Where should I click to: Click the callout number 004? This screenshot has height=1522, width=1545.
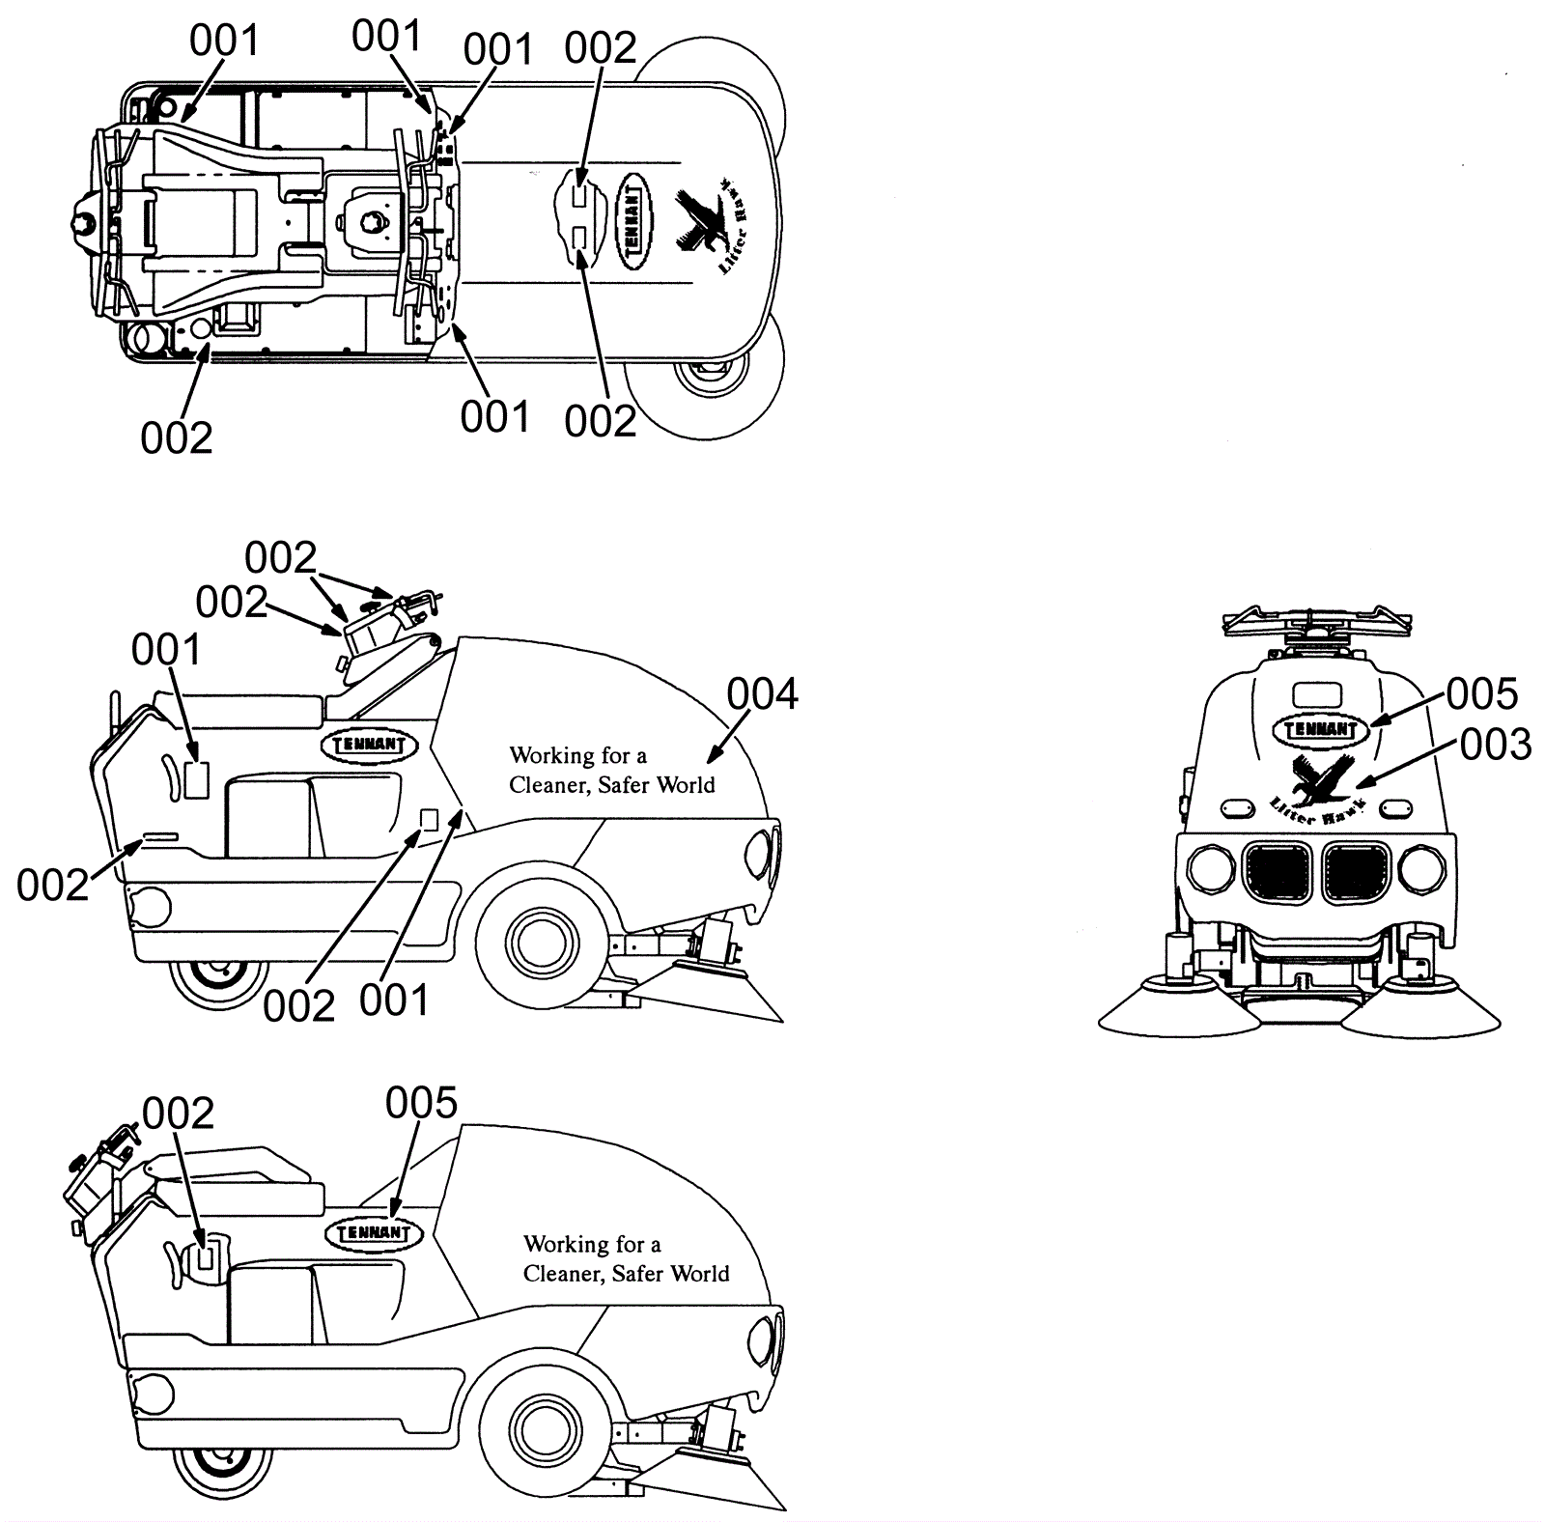coord(762,694)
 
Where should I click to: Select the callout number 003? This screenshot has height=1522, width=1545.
coord(1495,745)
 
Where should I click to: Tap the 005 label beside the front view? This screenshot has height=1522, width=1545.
coord(1481,693)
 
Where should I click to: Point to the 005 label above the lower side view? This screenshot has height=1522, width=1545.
coord(421,1103)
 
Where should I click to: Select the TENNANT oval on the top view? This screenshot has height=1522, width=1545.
coord(633,221)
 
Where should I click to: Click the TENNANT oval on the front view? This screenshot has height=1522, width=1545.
coord(1321,730)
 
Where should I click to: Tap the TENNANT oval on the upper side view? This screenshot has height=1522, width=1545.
coord(369,745)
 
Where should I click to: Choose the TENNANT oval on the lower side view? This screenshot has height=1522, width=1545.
coord(375,1232)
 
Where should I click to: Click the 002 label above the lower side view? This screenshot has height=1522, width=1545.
coord(178,1114)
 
